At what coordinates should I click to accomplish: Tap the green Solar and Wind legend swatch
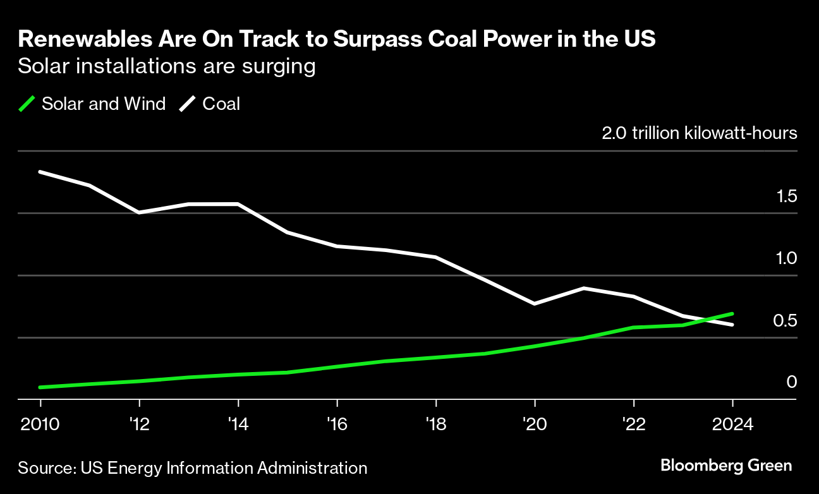coord(27,104)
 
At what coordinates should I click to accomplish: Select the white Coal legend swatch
coord(187,104)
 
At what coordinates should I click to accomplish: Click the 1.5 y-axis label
coord(787,197)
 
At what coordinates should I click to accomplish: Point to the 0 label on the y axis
coord(792,382)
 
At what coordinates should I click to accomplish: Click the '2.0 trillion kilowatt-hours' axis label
coord(699,134)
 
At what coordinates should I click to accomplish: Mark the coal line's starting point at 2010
coord(40,172)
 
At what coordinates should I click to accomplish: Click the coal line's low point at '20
coord(535,304)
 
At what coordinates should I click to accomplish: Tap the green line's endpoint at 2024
coord(732,313)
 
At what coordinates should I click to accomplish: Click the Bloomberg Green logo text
coord(725,466)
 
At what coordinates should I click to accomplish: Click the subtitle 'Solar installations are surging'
coord(167,66)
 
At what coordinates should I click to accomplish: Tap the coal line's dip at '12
coord(139,212)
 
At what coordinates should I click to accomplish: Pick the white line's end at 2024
coord(732,325)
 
